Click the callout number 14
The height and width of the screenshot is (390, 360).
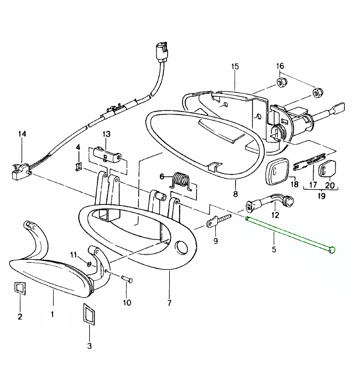pos(22,134)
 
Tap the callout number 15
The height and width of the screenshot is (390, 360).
pos(235,67)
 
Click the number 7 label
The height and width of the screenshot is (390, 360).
pos(169,303)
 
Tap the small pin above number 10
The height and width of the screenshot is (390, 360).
pos(126,279)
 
